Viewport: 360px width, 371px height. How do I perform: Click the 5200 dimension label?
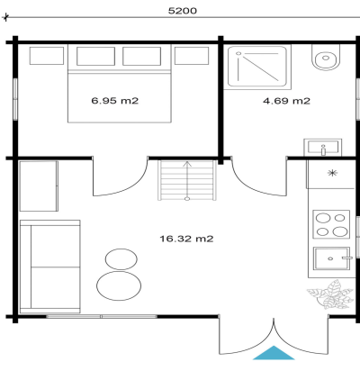pos(183,11)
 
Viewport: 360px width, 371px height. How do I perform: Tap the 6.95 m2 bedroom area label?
pos(115,101)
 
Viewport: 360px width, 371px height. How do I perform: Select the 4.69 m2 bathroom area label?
pos(286,101)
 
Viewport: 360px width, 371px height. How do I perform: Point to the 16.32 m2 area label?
pos(186,239)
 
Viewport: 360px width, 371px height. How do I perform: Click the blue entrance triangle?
pos(274,353)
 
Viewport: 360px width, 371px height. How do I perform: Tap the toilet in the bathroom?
pos(326,58)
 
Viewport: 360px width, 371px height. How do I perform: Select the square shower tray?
pos(257,67)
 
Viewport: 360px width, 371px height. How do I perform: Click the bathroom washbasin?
pos(323,148)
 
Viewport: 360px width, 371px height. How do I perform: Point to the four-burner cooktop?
pos(331,224)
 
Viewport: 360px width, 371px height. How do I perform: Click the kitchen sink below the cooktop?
pos(331,258)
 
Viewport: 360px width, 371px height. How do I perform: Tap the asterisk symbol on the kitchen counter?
pos(332,173)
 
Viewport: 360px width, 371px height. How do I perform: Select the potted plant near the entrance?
pos(329,294)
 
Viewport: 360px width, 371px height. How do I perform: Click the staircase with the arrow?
pos(187,180)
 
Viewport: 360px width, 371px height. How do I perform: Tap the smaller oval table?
pos(121,258)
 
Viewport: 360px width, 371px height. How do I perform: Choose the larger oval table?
pos(119,285)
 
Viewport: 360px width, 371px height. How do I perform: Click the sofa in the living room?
pos(49,267)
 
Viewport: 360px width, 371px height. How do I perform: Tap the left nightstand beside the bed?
pos(47,56)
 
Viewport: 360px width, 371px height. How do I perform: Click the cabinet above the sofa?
pos(39,186)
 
